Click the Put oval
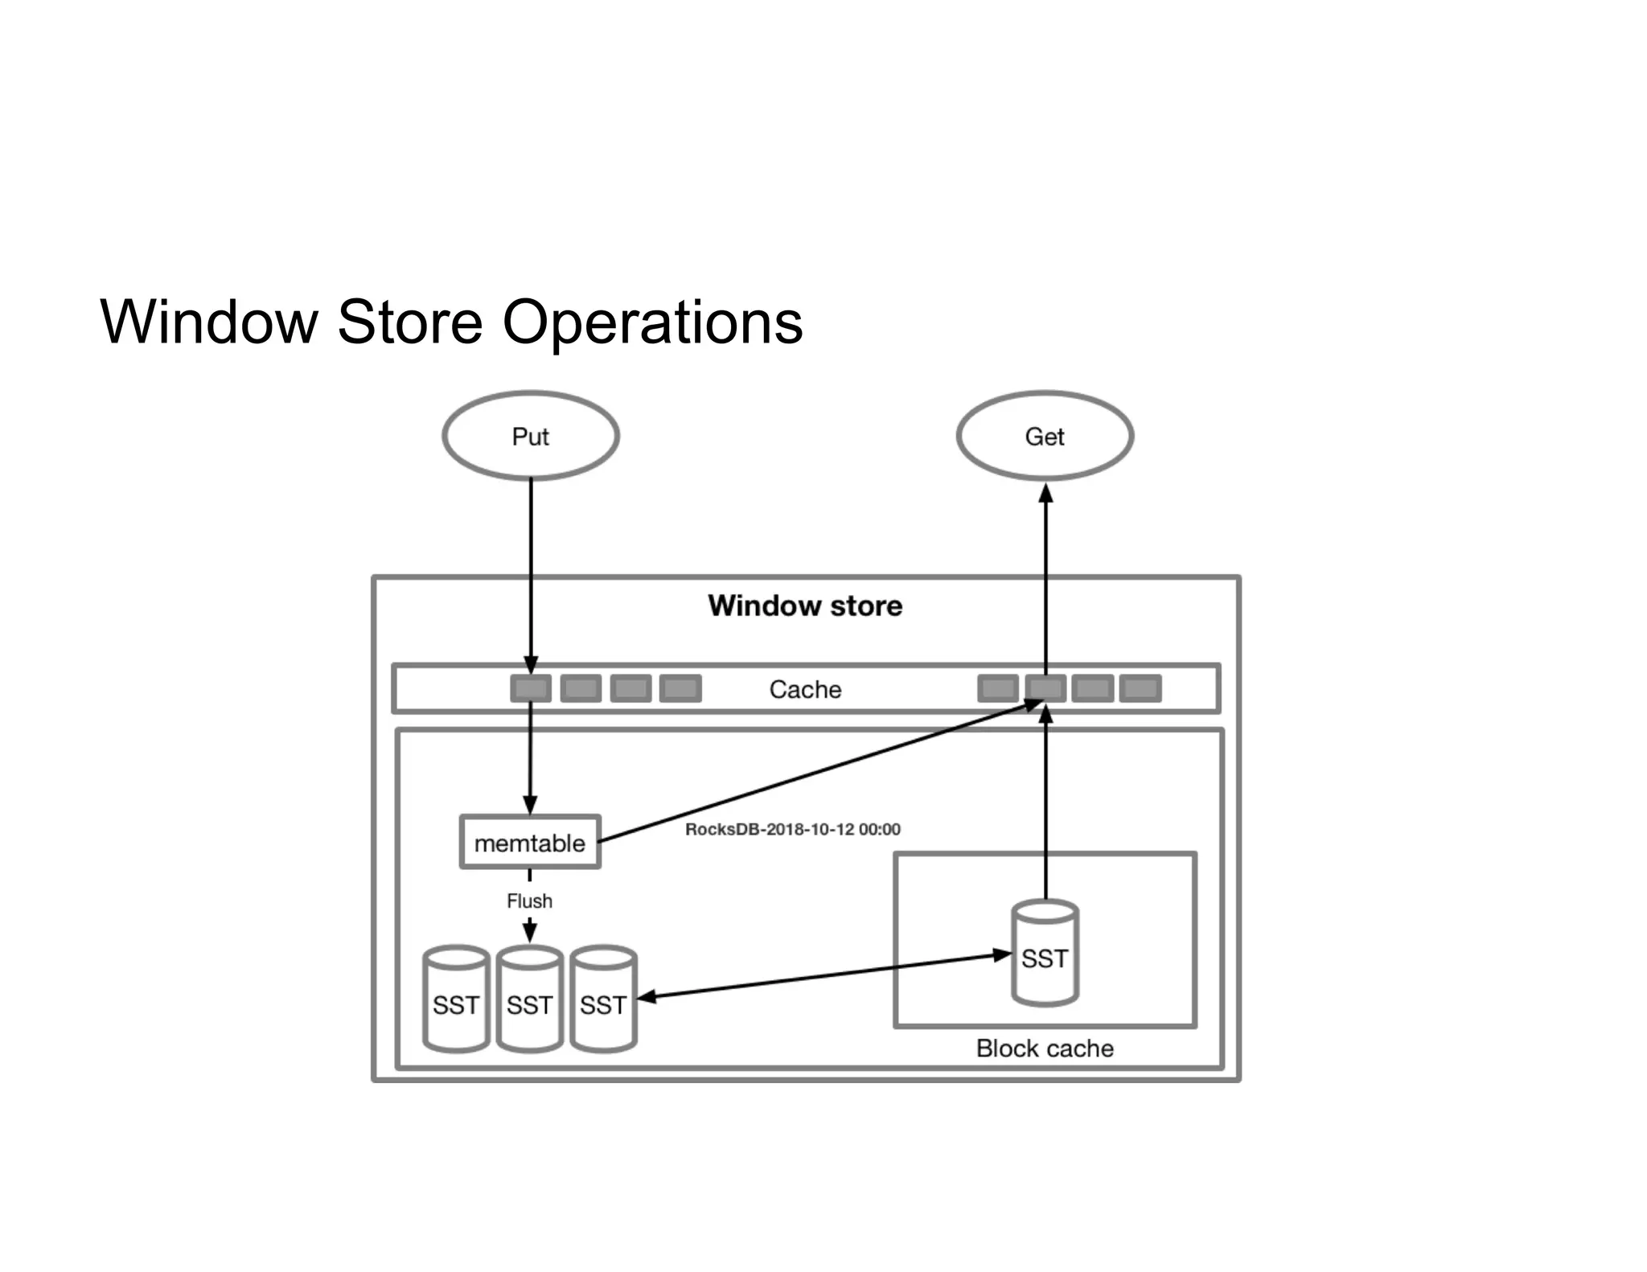coord(531,436)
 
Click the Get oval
coord(1045,436)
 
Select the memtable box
coord(530,843)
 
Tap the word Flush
coord(529,901)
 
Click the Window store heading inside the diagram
coord(805,605)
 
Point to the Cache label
coord(805,689)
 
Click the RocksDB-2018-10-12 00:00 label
coord(792,829)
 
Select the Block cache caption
coord(1045,1048)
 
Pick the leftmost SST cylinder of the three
coord(456,1000)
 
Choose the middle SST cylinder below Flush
coord(529,1000)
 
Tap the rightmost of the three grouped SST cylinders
coord(603,1000)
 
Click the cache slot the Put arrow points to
coord(531,688)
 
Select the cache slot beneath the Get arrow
coord(1045,688)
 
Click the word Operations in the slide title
coord(652,322)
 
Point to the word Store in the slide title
coord(410,322)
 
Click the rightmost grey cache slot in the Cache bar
coord(1140,688)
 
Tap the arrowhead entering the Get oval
coord(1046,493)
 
